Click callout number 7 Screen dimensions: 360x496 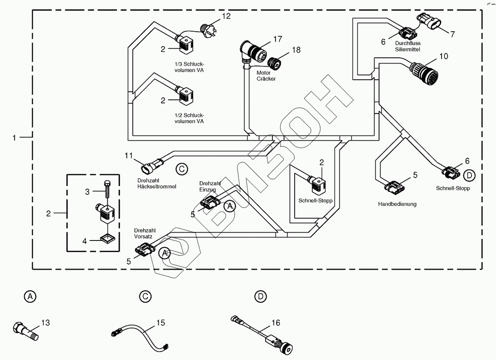(452, 34)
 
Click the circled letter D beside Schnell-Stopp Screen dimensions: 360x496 (469, 175)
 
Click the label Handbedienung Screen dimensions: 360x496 (397, 204)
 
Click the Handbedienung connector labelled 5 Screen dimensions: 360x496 (395, 186)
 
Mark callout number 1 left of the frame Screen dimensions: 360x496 (15, 138)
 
